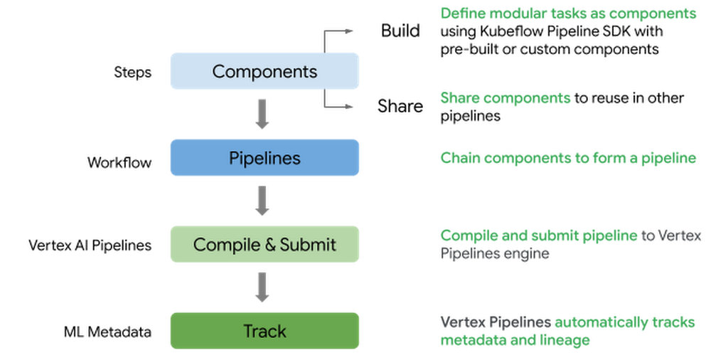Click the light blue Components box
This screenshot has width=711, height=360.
click(x=264, y=71)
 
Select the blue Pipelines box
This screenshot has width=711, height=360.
click(x=264, y=157)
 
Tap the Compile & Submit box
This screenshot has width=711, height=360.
click(x=264, y=244)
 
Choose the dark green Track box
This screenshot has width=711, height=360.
click(x=264, y=331)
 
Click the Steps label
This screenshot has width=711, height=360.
click(x=132, y=73)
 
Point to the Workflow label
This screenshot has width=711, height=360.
click(x=119, y=162)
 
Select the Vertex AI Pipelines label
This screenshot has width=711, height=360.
click(x=90, y=245)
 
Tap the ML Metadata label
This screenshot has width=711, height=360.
click(x=107, y=332)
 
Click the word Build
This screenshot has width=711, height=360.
click(x=400, y=31)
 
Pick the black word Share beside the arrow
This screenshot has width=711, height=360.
click(x=400, y=106)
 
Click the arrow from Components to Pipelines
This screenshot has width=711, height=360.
click(x=262, y=114)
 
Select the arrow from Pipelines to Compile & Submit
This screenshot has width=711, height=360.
click(x=262, y=201)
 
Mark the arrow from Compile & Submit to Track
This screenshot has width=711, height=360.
click(x=262, y=287)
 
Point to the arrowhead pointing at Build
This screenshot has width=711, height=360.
click(x=348, y=31)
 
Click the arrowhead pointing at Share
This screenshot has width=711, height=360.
click(x=348, y=107)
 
